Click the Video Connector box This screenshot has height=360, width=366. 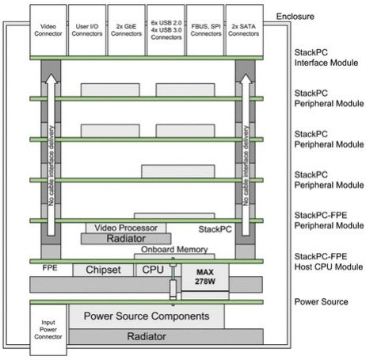(48, 30)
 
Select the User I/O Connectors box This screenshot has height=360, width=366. (87, 30)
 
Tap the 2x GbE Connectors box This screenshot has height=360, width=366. (126, 30)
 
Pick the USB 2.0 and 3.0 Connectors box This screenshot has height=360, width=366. (166, 30)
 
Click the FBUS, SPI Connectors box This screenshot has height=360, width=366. (205, 30)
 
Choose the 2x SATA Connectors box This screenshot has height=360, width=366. (244, 30)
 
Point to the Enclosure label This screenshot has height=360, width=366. (295, 17)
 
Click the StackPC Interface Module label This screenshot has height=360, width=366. (326, 58)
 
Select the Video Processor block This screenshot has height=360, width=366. (126, 228)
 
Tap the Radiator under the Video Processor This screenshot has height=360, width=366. (126, 239)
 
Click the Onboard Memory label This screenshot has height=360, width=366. (174, 249)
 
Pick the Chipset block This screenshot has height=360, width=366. (103, 270)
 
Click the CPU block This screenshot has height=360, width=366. (153, 270)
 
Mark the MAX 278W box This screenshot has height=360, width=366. (205, 277)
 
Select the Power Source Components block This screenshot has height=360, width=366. (147, 316)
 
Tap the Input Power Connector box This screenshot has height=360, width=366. (48, 330)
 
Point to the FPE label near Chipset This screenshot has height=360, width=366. (50, 268)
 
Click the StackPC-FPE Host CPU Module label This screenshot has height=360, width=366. (329, 262)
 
